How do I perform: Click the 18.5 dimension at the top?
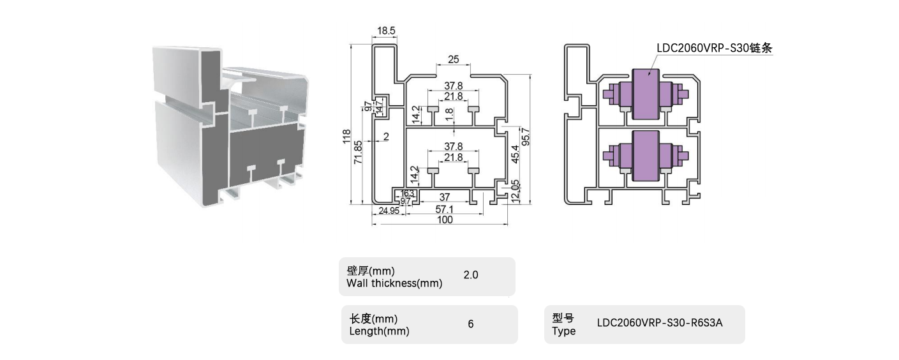click(387, 31)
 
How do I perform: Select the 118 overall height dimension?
click(346, 137)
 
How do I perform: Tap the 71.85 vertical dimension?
click(359, 153)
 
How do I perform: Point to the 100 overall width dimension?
click(444, 220)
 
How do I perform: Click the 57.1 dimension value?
click(444, 210)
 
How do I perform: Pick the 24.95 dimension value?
click(389, 211)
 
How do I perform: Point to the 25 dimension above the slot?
click(454, 60)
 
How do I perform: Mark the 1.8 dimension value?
click(449, 116)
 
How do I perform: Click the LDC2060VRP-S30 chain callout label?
click(715, 48)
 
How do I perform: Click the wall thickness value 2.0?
click(471, 275)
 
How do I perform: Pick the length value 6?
click(471, 324)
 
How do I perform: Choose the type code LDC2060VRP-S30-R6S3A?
click(660, 323)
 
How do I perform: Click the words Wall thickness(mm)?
click(394, 283)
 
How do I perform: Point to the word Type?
click(564, 331)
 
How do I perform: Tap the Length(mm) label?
click(380, 331)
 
